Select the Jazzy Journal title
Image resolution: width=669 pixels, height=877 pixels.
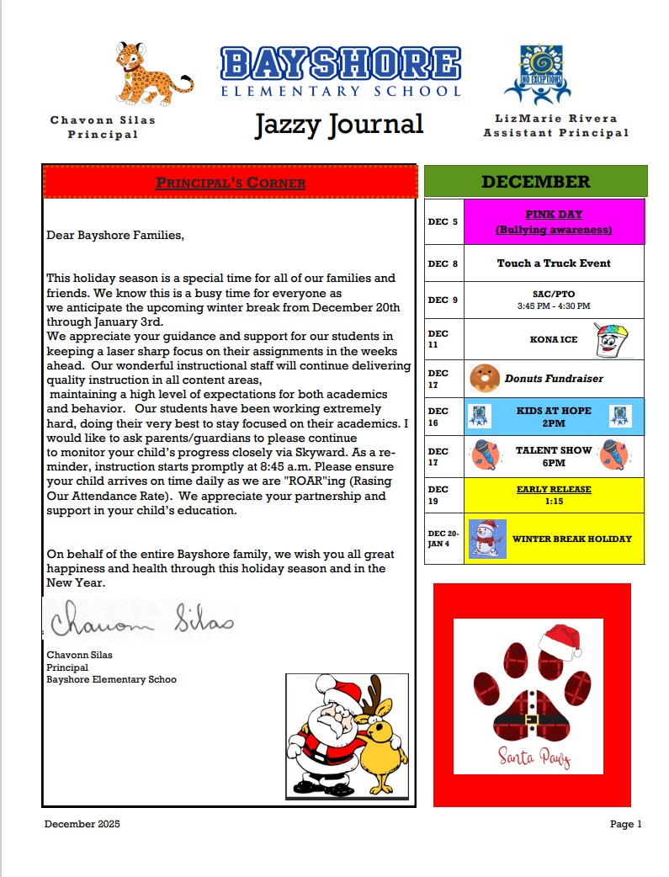[x=339, y=125]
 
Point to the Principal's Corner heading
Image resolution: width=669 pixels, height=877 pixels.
[x=231, y=183]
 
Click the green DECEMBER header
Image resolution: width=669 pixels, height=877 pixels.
[x=535, y=182]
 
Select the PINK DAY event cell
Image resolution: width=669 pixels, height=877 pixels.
[x=554, y=221]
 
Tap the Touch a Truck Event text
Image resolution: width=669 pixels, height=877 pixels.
[x=554, y=263]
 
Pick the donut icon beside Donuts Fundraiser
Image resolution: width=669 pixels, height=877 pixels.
[x=484, y=378]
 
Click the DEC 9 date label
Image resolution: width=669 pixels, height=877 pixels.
[x=443, y=300]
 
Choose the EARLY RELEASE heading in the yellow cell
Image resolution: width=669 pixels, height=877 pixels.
[x=554, y=489]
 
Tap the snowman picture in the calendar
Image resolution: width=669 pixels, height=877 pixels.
[x=486, y=539]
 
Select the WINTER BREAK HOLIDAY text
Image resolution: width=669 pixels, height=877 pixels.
[x=572, y=539]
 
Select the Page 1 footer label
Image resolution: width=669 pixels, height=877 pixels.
[x=626, y=824]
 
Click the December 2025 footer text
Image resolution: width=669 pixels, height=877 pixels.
[x=82, y=824]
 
